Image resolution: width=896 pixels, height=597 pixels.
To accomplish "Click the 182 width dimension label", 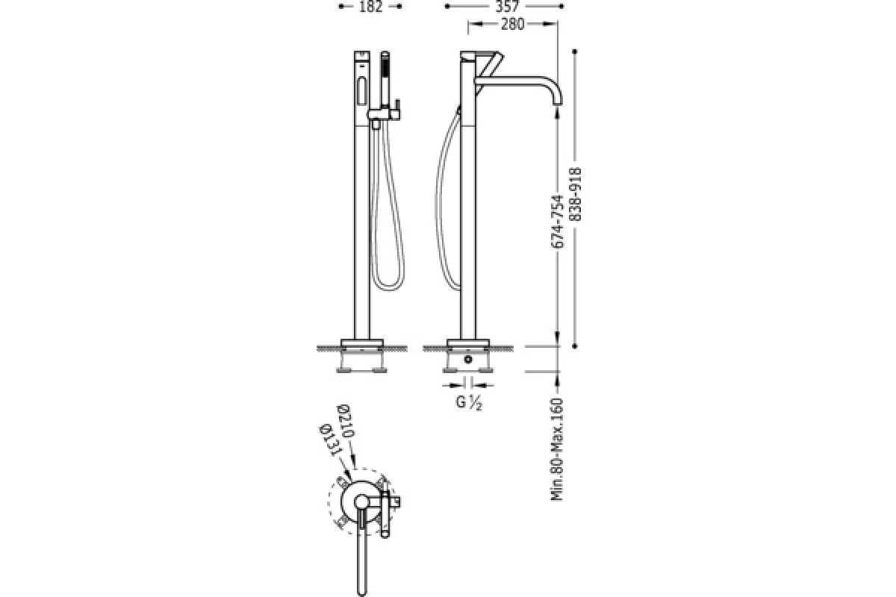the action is pos(371,6).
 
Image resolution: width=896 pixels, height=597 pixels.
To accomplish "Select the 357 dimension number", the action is pos(507,6).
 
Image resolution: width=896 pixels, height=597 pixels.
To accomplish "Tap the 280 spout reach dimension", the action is pos(512,25).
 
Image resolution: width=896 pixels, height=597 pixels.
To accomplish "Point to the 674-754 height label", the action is pos(557,221).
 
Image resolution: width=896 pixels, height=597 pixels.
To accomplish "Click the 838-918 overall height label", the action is pos(575,194).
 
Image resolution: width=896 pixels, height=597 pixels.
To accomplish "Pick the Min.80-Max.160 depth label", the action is pos(557,449).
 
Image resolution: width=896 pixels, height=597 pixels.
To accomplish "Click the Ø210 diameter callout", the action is pos(346,421).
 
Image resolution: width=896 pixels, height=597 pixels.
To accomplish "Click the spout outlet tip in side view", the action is pos(557,104).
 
